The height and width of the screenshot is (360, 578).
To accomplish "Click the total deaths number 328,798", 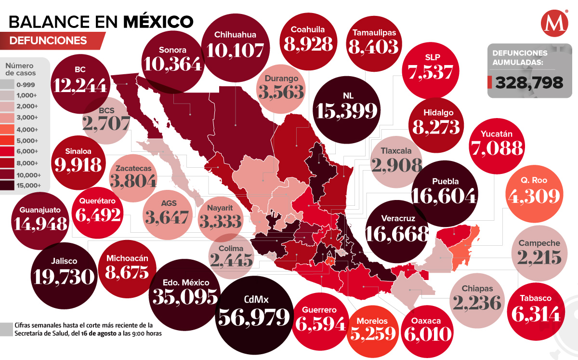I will point(529,82).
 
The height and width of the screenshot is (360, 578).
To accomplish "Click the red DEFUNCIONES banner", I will point(48,40).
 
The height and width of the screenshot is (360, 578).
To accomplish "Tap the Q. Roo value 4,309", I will point(534,196).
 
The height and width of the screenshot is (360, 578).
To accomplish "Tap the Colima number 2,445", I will point(231,260).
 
